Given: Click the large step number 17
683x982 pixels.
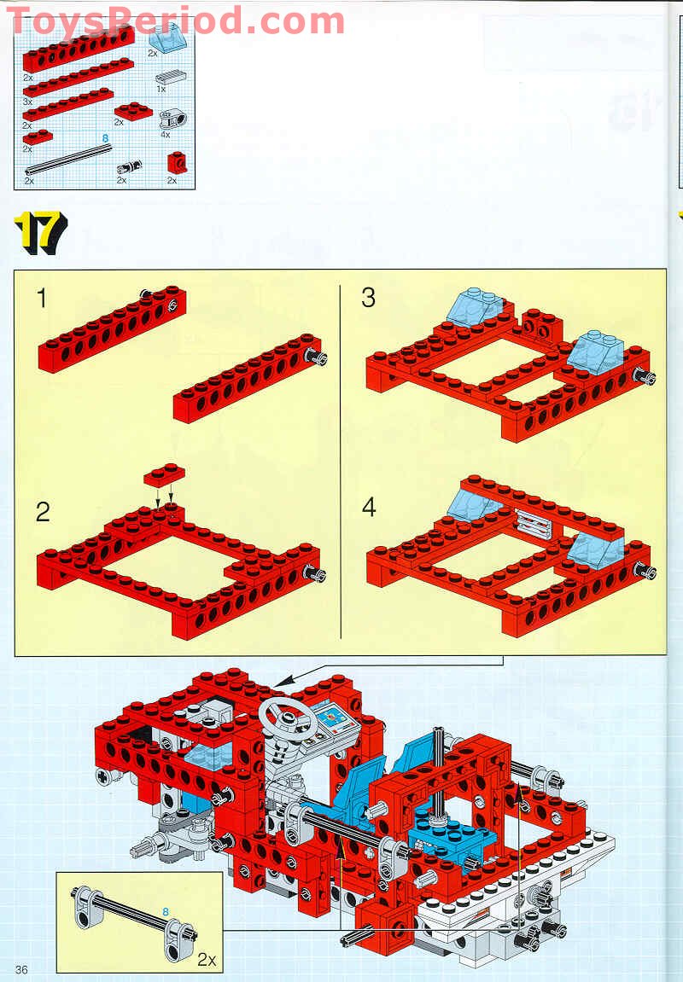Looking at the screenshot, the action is pos(39,232).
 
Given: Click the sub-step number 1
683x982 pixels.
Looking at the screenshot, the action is pos(42,298).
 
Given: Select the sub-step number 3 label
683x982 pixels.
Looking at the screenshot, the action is pos(369,298).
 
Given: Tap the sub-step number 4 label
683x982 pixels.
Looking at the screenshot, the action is pos(369,507).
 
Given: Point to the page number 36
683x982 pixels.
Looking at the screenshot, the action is pos(21,969).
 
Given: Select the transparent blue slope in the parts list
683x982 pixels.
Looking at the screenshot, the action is pos(164,40).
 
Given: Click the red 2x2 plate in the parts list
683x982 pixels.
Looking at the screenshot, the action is pos(133,111).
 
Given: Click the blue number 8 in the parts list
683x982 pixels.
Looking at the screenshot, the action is pos(105,137).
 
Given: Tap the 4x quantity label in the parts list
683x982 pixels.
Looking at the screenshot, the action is pos(165,135).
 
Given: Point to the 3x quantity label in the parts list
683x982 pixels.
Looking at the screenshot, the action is pos(27,102).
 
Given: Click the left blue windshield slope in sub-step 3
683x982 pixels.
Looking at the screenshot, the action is pos(475,307).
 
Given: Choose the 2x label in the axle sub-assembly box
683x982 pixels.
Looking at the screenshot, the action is pos(207,959).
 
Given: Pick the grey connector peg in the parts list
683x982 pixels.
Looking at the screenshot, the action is pos(131,166).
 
